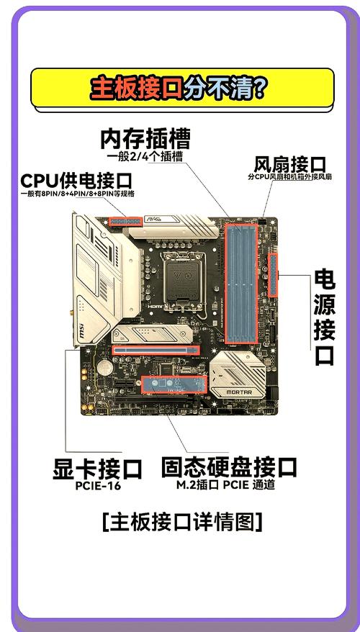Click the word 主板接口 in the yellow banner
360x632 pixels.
tap(135, 88)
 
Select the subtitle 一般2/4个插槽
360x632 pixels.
tap(145, 156)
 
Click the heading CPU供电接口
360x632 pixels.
tap(76, 180)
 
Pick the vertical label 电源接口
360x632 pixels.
tap(324, 316)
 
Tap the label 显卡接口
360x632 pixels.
tap(97, 469)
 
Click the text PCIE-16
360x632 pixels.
tap(97, 485)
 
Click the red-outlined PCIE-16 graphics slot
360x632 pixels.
tap(156, 349)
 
